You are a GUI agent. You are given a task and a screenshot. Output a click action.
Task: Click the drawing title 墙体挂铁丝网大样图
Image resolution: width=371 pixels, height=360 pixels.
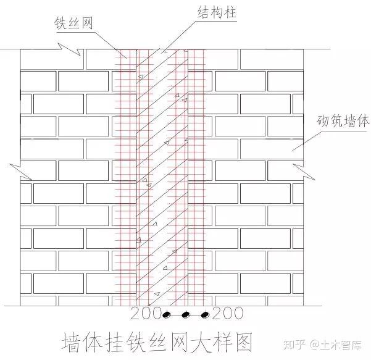click(157, 342)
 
